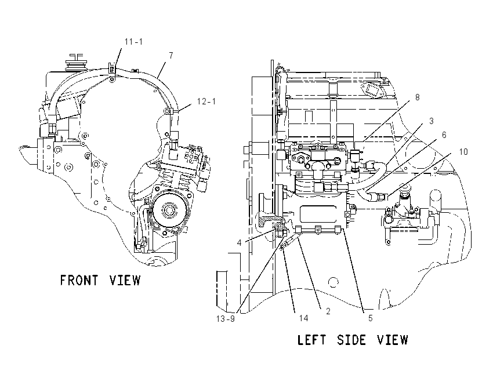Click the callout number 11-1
pos(133,42)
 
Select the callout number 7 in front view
pos(171,56)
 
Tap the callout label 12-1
pos(206,101)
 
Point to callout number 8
pos(417,97)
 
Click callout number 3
pos(432,121)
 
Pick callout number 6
pos(444,135)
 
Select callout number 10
pos(463,152)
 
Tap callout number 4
pos(240,242)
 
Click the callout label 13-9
pos(226,319)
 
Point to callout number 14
pos(303,318)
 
